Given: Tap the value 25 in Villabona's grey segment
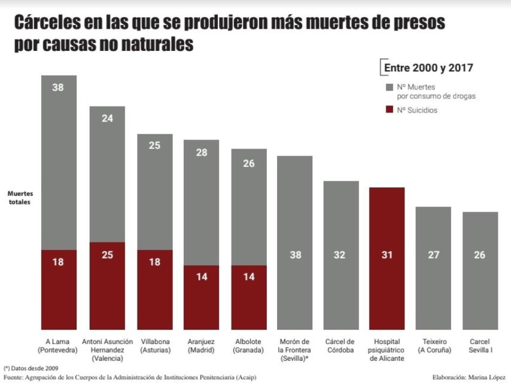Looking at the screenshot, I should [155, 145].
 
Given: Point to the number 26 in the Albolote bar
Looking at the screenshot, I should [250, 163].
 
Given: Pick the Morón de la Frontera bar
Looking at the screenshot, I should [295, 239].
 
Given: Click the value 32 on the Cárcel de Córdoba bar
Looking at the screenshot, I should [341, 254].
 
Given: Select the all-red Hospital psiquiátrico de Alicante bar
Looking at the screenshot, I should [387, 257].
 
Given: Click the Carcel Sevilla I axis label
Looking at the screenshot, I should [480, 346].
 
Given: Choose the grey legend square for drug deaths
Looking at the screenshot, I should [390, 87].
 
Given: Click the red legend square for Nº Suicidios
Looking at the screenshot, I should [390, 110].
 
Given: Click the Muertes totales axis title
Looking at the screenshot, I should [20, 198].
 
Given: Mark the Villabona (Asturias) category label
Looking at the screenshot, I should [154, 346].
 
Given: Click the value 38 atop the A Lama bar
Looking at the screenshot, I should [58, 87].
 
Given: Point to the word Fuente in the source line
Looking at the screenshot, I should [13, 377].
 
